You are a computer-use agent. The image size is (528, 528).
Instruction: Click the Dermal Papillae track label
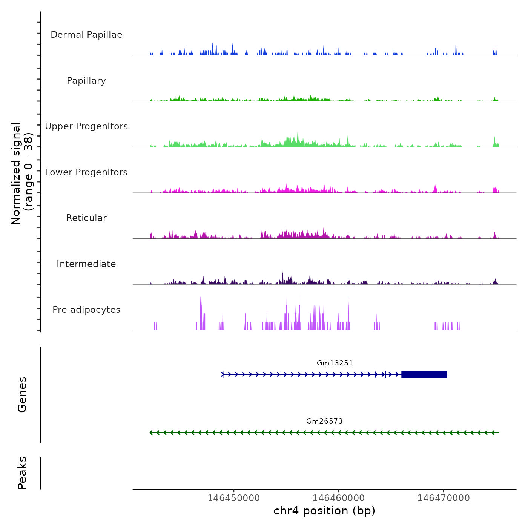(86, 35)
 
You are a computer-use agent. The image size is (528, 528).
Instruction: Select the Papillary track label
(86, 81)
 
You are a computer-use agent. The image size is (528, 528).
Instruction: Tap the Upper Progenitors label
(86, 126)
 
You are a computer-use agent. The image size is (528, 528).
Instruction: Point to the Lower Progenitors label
(86, 172)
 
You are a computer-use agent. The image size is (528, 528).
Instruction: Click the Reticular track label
(86, 218)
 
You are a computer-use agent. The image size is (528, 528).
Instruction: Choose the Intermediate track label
(86, 264)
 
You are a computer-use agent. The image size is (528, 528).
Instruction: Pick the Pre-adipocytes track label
(86, 310)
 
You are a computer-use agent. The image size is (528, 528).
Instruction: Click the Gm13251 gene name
(335, 363)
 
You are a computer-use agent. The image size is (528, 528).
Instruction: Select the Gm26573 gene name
(324, 421)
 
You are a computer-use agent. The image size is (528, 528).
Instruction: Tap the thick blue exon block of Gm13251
(424, 374)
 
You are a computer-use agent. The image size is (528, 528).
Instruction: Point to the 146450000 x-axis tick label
(233, 498)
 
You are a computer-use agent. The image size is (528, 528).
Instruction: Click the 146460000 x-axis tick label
(338, 498)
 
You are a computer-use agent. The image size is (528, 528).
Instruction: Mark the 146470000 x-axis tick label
(444, 498)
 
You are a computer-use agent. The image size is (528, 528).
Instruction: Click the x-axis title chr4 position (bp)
(324, 511)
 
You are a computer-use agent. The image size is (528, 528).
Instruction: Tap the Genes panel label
(22, 394)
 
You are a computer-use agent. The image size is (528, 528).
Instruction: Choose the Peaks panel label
(22, 473)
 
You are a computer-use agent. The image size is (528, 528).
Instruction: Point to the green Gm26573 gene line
(324, 433)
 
